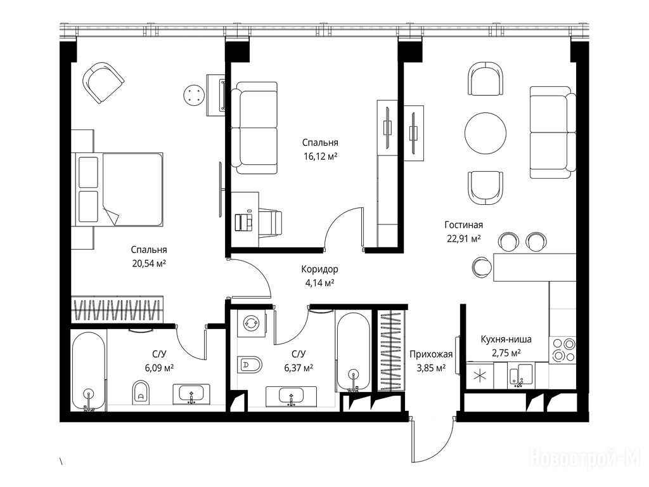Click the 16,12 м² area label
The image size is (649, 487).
[x=320, y=156]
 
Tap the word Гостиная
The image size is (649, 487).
[x=463, y=225]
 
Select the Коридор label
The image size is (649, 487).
[x=319, y=269]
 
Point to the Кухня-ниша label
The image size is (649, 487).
[x=506, y=340]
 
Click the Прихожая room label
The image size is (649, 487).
[x=431, y=354]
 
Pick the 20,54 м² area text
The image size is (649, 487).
[x=149, y=263]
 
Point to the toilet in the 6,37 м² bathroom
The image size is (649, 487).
[x=250, y=365]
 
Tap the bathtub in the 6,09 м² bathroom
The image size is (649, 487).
[x=89, y=371]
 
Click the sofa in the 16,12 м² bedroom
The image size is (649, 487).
[x=254, y=128]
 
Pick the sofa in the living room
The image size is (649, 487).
[x=553, y=133]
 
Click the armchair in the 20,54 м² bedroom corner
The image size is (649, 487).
[x=103, y=82]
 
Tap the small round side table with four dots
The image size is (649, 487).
[x=195, y=96]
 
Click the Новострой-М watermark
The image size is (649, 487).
[x=584, y=458]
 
